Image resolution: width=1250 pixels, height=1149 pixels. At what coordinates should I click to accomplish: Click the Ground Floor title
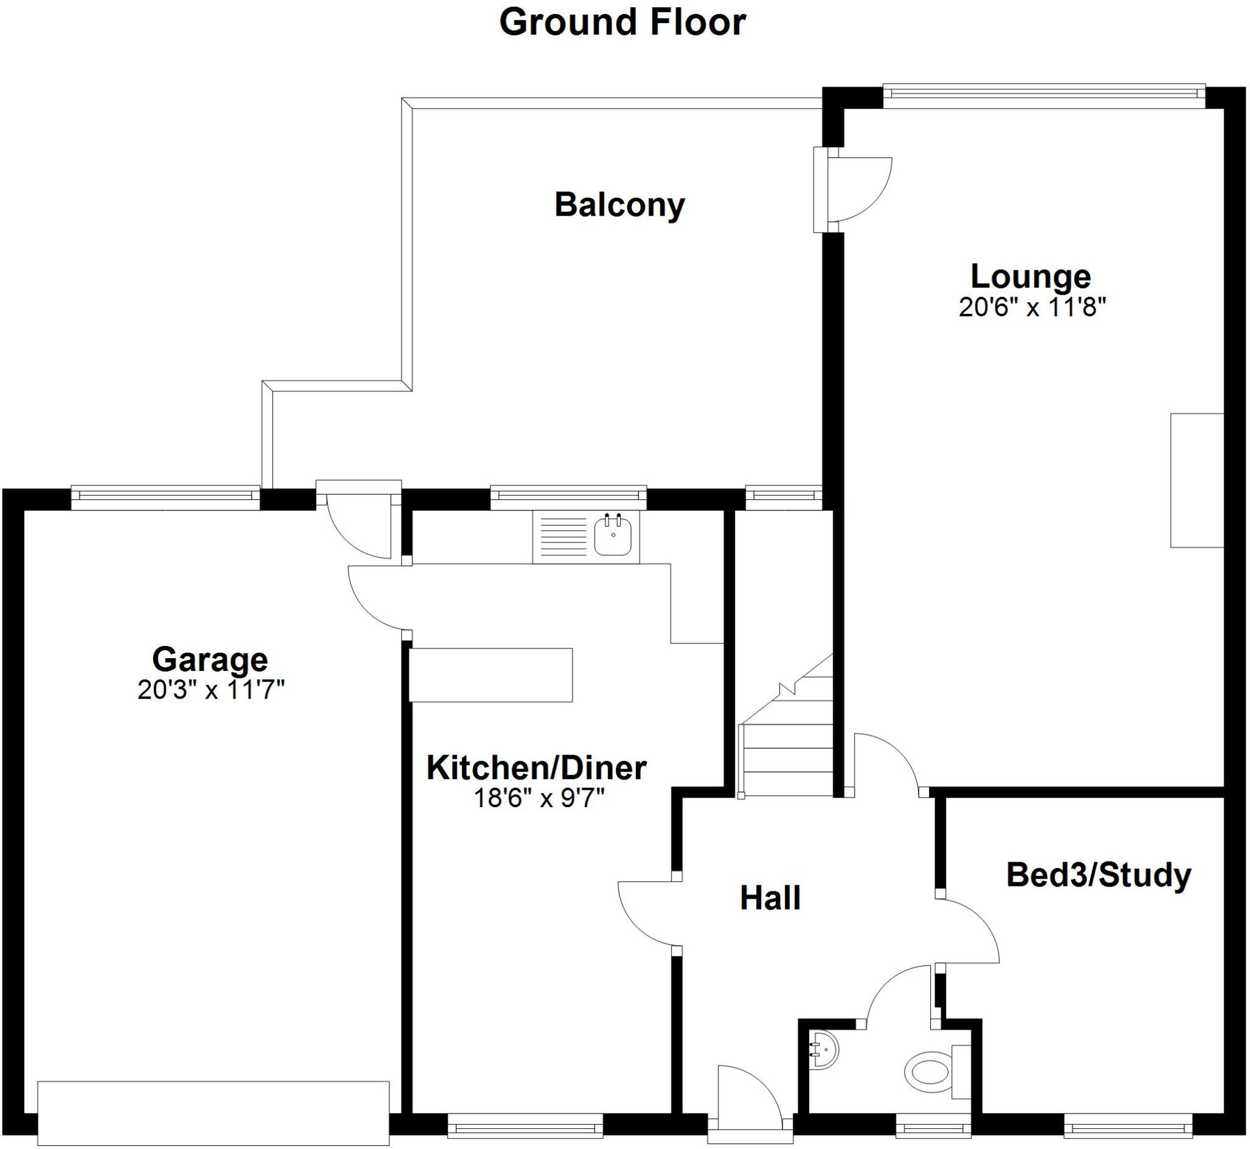pos(622,23)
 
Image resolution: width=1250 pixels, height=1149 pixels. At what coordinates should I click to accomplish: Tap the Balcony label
pos(619,205)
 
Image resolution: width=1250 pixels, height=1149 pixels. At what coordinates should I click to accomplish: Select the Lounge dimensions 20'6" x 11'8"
pos(1033,307)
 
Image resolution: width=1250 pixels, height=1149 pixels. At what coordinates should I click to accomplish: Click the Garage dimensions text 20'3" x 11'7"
pos(211,690)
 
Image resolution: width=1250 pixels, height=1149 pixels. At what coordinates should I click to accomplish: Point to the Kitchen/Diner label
pos(536,768)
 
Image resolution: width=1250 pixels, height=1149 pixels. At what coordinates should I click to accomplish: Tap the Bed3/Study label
pos(1099,875)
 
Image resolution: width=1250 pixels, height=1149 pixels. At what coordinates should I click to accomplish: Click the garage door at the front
pos(213,1113)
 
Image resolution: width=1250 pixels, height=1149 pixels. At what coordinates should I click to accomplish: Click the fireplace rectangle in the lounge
pos(1196,480)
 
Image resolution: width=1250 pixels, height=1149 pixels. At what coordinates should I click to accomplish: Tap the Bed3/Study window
pos(1127,1126)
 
